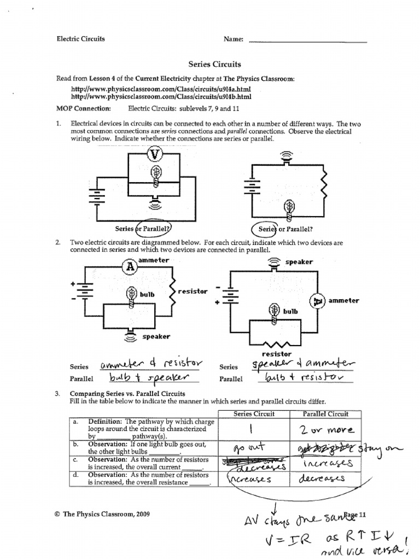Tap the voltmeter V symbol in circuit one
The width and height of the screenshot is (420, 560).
pos(155,154)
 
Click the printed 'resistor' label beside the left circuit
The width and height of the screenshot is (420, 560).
pos(192,291)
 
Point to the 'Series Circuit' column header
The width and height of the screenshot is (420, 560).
pos(254,413)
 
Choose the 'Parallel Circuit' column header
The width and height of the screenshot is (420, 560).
pos(325,413)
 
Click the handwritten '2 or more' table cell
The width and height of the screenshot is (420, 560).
pos(326,429)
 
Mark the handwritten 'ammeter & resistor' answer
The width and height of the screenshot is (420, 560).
pos(151,364)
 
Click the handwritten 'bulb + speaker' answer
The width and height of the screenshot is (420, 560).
pos(149,377)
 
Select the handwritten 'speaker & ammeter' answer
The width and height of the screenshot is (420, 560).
pos(302,364)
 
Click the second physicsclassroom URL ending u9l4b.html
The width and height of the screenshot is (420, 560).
pos(161,97)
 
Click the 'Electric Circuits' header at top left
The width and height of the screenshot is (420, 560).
pos(81,39)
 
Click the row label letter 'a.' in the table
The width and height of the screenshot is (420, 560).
pos(75,422)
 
